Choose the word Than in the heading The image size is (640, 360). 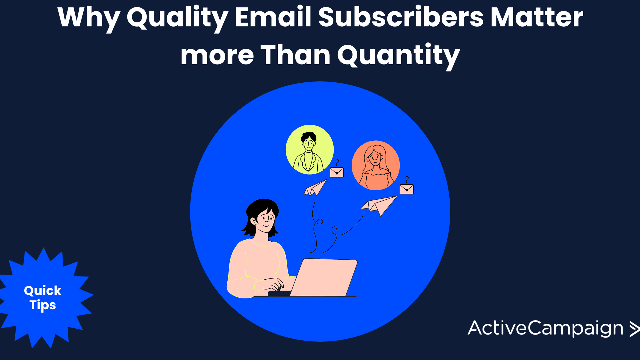(295, 54)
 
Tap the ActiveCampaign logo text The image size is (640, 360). (545, 329)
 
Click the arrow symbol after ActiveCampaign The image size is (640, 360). (634, 329)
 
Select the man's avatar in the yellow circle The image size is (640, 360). (310, 150)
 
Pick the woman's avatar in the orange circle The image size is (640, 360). (376, 165)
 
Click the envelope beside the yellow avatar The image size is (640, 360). (337, 172)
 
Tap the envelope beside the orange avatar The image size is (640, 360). (407, 189)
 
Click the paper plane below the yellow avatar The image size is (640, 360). (315, 188)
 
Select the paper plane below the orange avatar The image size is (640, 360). (379, 206)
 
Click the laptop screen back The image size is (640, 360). (324, 277)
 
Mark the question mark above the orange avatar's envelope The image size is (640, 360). (407, 179)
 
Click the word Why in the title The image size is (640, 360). (89, 18)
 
